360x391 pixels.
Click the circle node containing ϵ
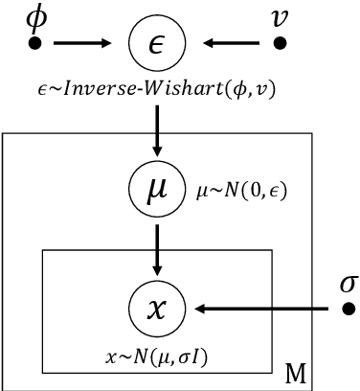[154, 42]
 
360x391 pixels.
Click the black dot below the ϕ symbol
[35, 43]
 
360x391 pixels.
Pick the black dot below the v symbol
[280, 43]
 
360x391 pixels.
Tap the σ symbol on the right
[349, 284]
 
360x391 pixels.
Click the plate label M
[301, 371]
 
